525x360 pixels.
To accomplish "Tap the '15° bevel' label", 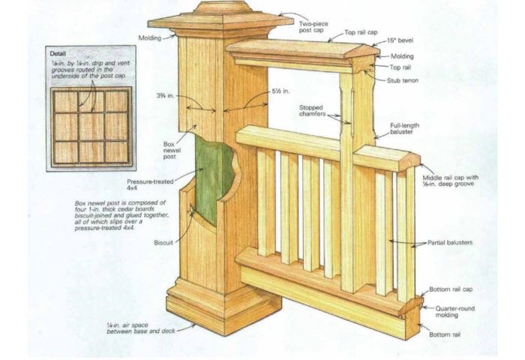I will pyautogui.click(x=400, y=41).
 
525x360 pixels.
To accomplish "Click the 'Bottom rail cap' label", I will pyautogui.click(x=451, y=289).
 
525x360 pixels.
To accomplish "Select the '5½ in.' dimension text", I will pyautogui.click(x=283, y=94).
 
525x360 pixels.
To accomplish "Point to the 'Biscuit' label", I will pyautogui.click(x=163, y=243).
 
